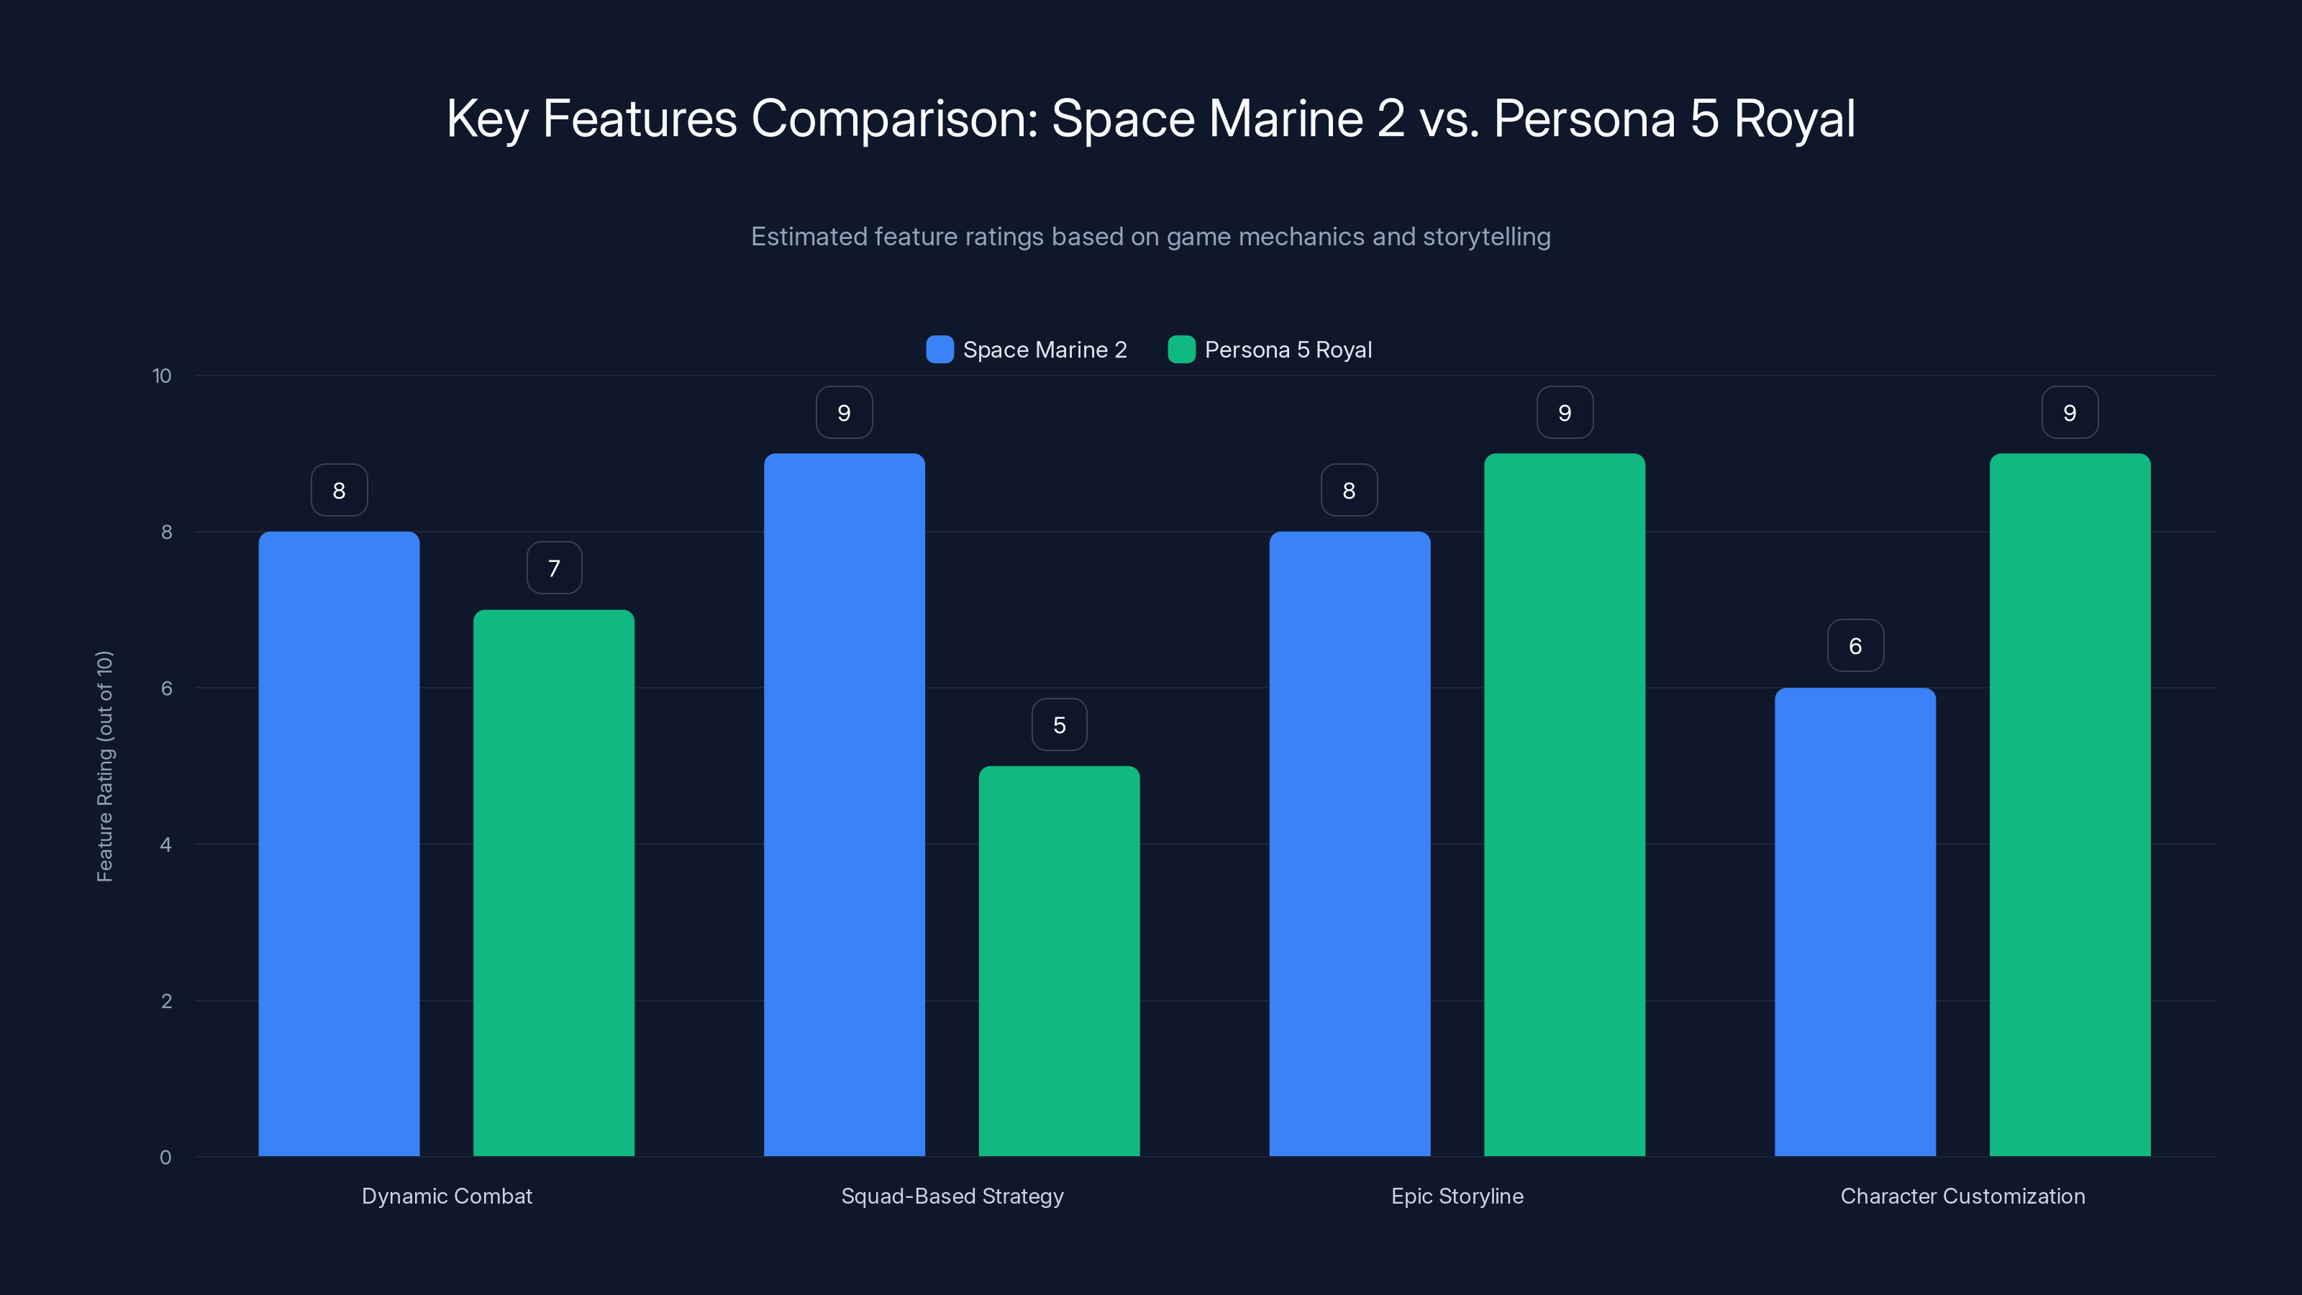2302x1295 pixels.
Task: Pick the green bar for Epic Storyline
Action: tap(1564, 804)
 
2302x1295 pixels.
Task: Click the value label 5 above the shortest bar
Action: tap(1059, 724)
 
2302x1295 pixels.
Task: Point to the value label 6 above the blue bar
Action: tap(1855, 646)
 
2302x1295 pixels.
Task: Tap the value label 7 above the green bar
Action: tap(554, 568)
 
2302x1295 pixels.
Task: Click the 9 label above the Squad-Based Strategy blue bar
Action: tap(844, 413)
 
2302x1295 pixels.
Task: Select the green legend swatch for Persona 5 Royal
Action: tap(1181, 350)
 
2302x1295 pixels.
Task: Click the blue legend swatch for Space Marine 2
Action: tap(940, 350)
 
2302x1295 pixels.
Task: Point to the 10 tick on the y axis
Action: tap(162, 376)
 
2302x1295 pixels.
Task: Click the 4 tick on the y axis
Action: tap(166, 845)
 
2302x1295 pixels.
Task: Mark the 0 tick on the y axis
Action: tap(166, 1158)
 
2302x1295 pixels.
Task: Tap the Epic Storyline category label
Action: tap(1457, 1196)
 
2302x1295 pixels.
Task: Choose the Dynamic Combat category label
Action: tap(447, 1196)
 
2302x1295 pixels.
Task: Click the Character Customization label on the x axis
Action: tap(1962, 1196)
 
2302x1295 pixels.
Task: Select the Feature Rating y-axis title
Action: tap(104, 766)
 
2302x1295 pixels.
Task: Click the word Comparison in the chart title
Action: tap(893, 119)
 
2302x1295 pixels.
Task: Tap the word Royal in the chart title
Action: tap(1794, 119)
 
